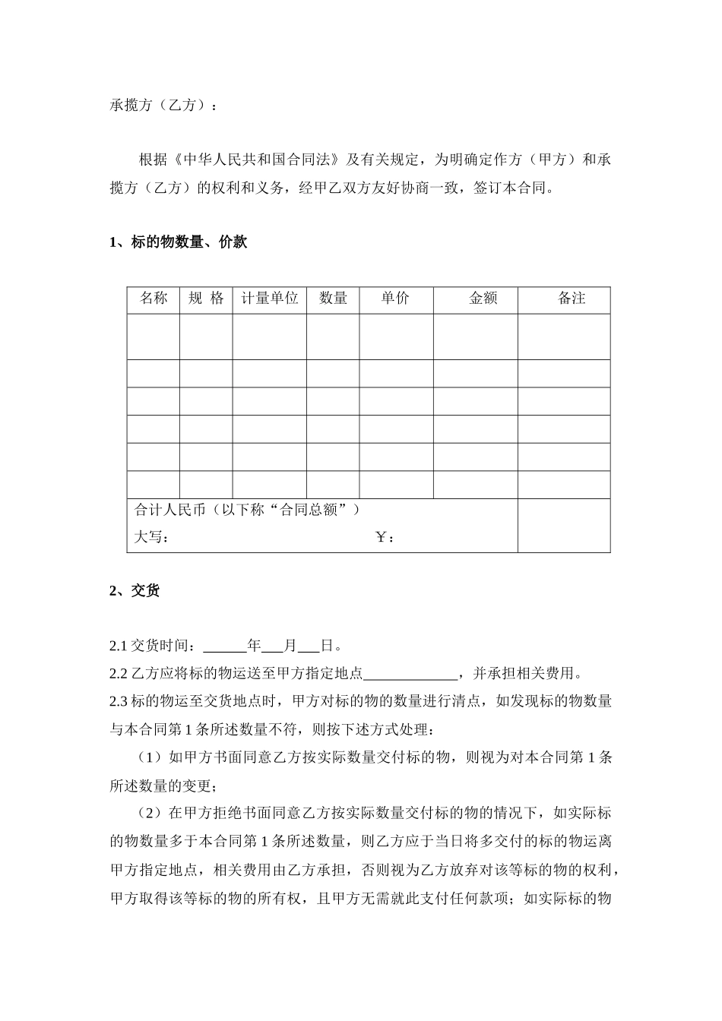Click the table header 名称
tap(154, 299)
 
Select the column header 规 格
tap(206, 299)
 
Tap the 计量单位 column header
tap(270, 299)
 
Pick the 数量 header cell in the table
tap(333, 299)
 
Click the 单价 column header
tap(395, 299)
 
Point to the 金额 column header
tap(483, 299)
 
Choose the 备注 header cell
tap(572, 299)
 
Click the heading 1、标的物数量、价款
tap(179, 243)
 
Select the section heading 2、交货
tap(135, 591)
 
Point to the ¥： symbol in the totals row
tap(385, 538)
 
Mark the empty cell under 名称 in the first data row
tap(154, 336)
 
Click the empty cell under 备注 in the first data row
tap(564, 336)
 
